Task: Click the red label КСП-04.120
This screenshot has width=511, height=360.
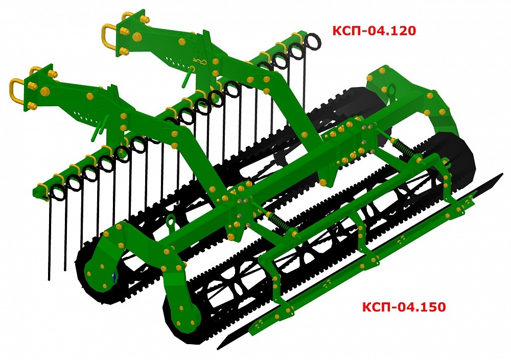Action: tap(374, 31)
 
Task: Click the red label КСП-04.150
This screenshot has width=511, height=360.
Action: tap(404, 306)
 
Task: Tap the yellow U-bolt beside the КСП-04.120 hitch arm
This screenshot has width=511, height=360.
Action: tap(107, 37)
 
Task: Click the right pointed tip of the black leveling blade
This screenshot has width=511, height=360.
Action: tap(502, 174)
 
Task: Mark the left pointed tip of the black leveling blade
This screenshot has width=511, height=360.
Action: tap(218, 349)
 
